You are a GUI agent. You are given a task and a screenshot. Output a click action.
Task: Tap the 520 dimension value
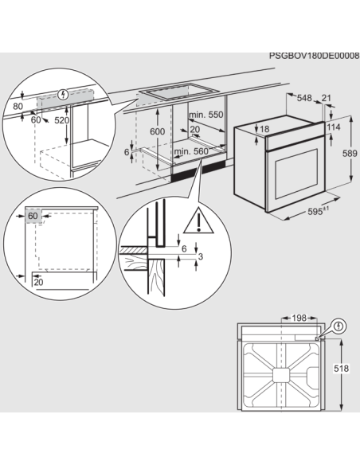click(62, 120)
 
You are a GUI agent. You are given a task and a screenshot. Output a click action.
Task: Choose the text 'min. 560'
click(191, 151)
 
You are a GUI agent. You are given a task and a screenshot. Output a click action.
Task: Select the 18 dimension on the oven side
click(264, 129)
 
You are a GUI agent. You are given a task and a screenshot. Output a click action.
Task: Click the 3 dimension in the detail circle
click(200, 256)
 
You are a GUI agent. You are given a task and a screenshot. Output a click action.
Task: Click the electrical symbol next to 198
click(339, 326)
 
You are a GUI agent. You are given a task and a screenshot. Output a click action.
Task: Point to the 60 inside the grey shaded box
click(33, 216)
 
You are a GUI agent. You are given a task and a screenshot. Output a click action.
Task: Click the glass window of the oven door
click(295, 170)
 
